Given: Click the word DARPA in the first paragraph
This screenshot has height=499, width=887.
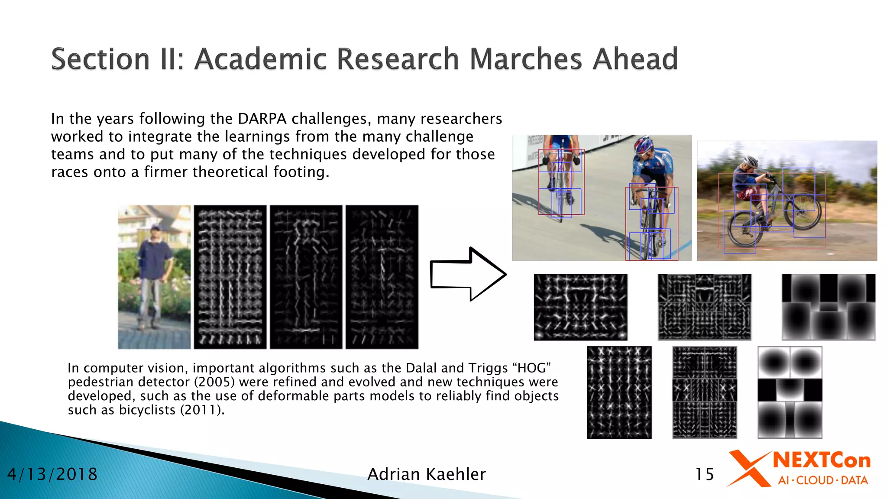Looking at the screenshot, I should click(x=262, y=119).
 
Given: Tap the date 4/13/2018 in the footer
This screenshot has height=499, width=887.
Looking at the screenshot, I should click(x=52, y=474).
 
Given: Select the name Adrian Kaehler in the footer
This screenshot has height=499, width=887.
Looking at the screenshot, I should click(x=427, y=474).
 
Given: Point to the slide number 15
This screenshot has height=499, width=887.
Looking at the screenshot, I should click(x=704, y=474).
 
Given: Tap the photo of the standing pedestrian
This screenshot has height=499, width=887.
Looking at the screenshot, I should click(x=154, y=277).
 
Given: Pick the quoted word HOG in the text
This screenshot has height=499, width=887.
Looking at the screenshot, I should click(x=531, y=368).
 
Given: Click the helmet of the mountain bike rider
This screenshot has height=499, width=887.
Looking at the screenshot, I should click(x=750, y=162).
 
